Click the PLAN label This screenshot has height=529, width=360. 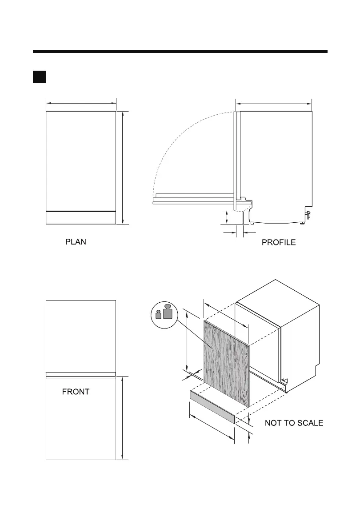[x=76, y=242]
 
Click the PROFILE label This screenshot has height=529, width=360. [x=279, y=243]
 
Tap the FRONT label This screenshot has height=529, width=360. [x=76, y=392]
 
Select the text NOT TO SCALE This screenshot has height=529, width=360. [x=294, y=423]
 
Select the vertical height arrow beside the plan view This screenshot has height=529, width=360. [x=122, y=168]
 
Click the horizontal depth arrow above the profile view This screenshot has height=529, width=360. [x=273, y=104]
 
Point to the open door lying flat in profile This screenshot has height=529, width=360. [x=193, y=199]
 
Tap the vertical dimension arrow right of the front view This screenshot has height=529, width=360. [x=122, y=418]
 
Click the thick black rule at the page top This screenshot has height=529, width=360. [x=180, y=52]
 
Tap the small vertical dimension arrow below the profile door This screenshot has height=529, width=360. [x=227, y=217]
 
